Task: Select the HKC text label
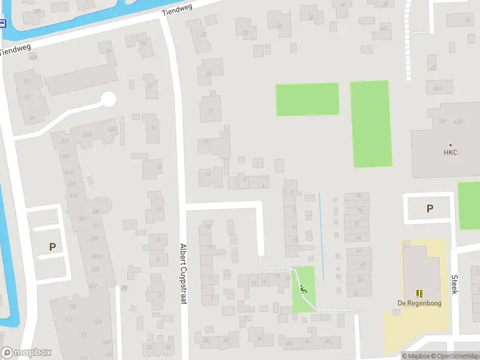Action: [x=451, y=152]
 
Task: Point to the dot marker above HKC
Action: [x=451, y=145]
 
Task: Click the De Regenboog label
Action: [x=419, y=303]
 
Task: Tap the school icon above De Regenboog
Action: [x=419, y=293]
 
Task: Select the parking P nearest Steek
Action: [x=430, y=209]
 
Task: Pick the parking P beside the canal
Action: [x=52, y=247]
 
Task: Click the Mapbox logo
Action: [x=26, y=353]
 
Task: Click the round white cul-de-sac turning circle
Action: [x=108, y=99]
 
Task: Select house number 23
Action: [x=209, y=74]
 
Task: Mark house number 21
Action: [x=210, y=110]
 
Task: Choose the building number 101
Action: [x=26, y=82]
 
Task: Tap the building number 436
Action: [x=110, y=130]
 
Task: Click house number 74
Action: [x=359, y=211]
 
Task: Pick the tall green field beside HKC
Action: [x=371, y=124]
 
